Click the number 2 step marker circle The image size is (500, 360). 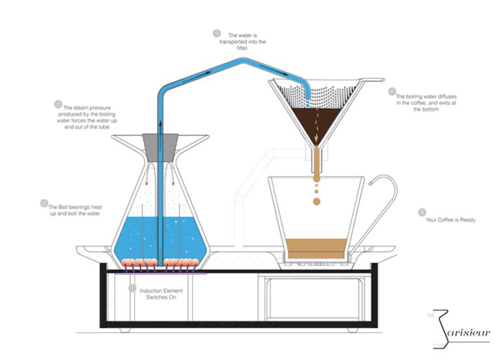[x=44, y=202]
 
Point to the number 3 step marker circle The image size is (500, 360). [x=58, y=104]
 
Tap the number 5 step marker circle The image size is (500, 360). [x=391, y=92]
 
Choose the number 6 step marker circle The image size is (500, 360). [x=423, y=212]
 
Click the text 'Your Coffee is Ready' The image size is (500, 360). [x=451, y=220]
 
